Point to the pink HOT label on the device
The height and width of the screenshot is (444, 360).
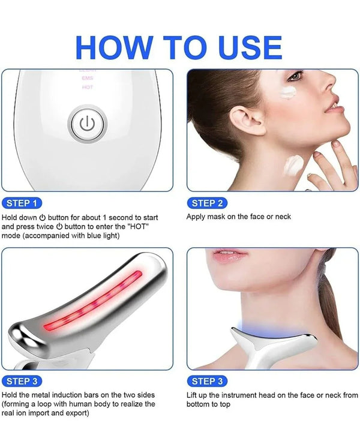(88, 88)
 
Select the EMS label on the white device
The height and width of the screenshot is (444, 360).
(88, 79)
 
